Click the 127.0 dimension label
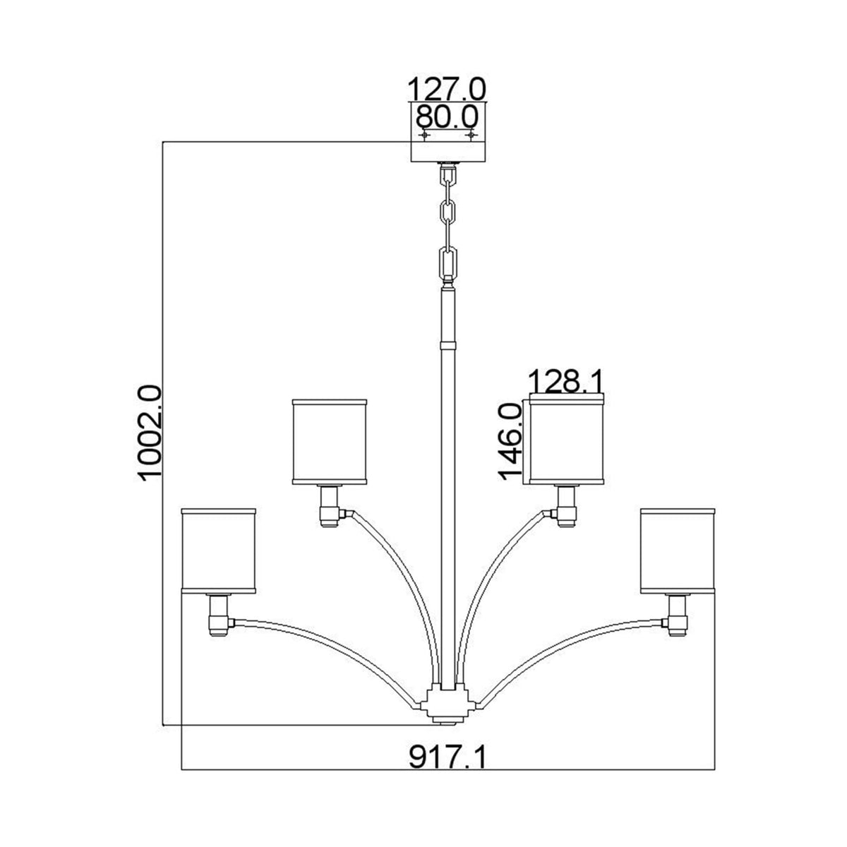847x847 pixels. [447, 90]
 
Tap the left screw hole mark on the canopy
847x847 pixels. [424, 134]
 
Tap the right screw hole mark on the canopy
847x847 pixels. [471, 134]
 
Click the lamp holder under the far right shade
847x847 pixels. [678, 614]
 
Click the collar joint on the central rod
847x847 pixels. [447, 347]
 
